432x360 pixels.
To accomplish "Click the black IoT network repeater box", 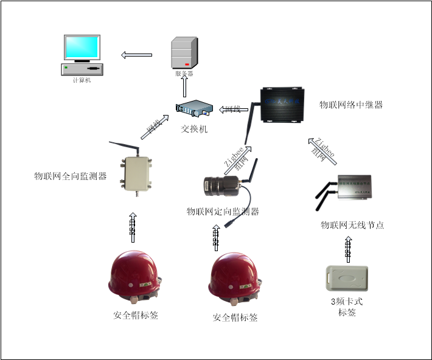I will [x=281, y=105].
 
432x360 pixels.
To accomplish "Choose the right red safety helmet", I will [x=235, y=281].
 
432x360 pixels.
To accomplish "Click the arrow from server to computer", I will [x=136, y=55].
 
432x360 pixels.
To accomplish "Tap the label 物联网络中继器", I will [x=350, y=105].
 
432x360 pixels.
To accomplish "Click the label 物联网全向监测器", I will [x=70, y=176].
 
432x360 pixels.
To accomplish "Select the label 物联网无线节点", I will [x=352, y=225].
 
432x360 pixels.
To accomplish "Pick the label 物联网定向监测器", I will [x=223, y=212].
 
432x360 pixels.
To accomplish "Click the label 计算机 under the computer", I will [x=81, y=80].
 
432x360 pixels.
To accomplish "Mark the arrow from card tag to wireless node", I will [x=347, y=248].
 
